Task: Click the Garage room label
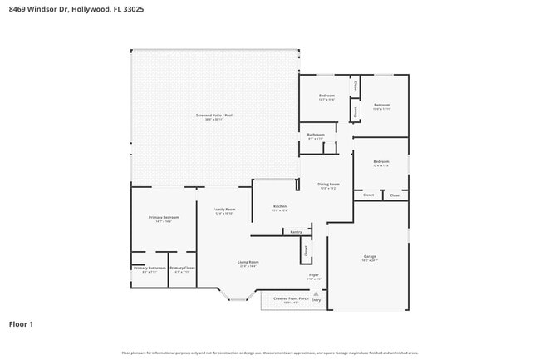click(x=370, y=257)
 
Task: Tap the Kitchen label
click(x=280, y=206)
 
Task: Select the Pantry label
click(x=296, y=232)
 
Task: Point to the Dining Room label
click(x=330, y=184)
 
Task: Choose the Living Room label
click(x=248, y=262)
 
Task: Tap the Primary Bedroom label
click(x=164, y=218)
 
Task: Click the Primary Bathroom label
click(x=150, y=269)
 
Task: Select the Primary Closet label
click(x=182, y=269)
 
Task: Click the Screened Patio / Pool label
click(x=214, y=116)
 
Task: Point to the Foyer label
click(x=315, y=274)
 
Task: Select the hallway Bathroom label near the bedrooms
click(x=316, y=135)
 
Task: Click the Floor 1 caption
click(x=21, y=324)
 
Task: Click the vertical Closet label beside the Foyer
click(x=305, y=249)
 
